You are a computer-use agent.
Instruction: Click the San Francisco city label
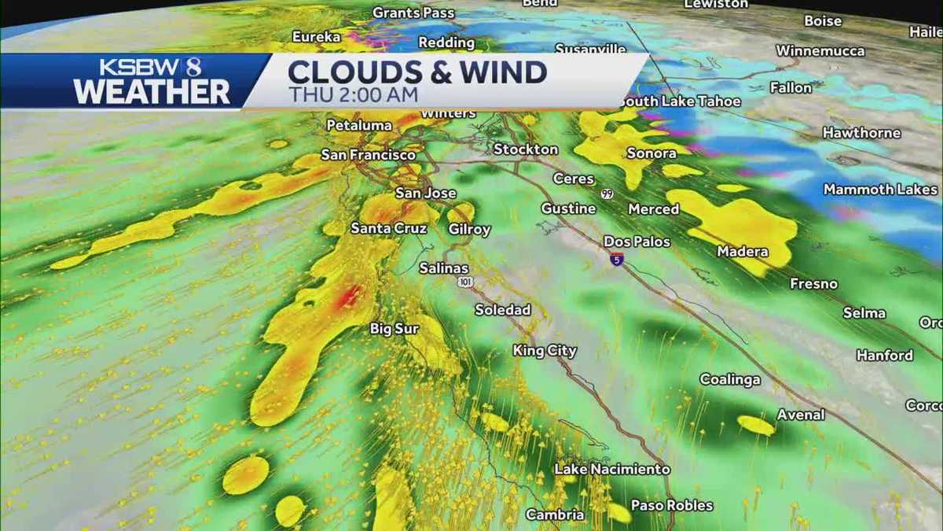369,156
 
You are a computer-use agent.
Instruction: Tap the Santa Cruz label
388,229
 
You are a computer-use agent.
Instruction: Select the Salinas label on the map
443,268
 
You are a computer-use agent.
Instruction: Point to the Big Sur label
394,329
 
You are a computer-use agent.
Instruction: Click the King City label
545,351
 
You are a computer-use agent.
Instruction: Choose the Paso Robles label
672,506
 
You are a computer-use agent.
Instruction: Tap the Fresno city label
813,284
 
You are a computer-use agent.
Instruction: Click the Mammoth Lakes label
880,190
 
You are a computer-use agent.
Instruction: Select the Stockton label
526,149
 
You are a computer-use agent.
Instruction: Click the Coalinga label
730,380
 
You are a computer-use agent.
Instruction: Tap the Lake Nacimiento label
612,470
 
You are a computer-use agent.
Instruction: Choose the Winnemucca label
820,51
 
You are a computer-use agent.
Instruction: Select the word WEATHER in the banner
152,92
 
